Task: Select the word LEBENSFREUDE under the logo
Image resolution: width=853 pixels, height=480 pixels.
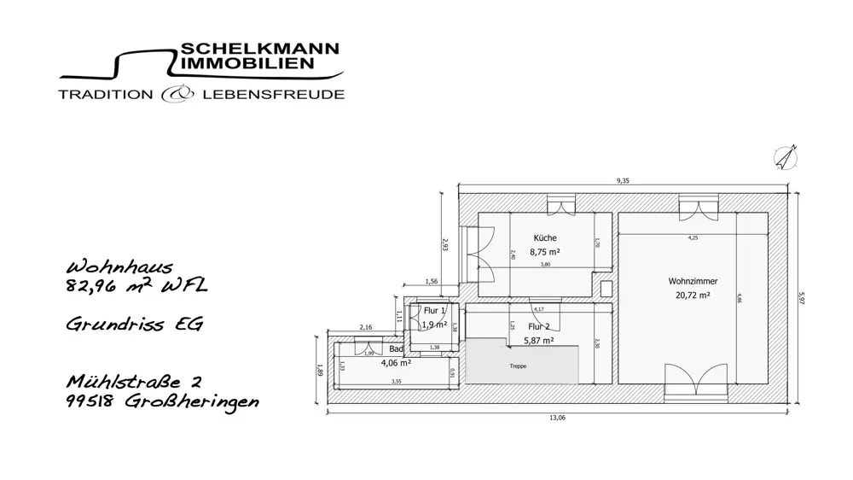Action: [274, 94]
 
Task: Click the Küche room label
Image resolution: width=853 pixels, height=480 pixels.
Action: [545, 237]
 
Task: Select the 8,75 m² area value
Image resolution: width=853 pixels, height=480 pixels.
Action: [545, 252]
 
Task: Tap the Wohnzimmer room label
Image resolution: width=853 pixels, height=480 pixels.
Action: [693, 281]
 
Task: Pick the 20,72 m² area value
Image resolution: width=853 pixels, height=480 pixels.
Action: [693, 296]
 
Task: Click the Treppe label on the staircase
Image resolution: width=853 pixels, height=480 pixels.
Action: [518, 366]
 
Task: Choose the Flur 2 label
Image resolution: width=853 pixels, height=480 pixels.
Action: [537, 325]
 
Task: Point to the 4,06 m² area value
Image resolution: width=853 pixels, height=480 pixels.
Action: [397, 362]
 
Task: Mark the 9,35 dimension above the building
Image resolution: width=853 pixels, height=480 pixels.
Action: [624, 180]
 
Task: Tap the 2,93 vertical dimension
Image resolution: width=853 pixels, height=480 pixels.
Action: [444, 244]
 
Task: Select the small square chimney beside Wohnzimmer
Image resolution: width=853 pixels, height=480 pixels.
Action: [606, 289]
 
